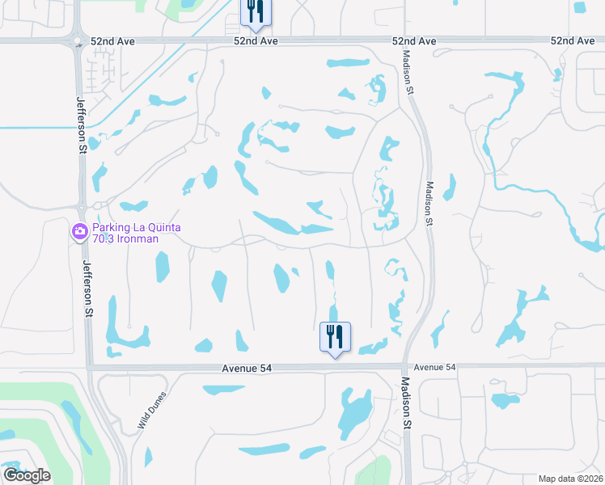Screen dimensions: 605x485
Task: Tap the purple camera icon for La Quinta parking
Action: tap(79, 232)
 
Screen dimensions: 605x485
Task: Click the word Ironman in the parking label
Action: tap(137, 238)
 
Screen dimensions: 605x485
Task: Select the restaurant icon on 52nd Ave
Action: tap(256, 12)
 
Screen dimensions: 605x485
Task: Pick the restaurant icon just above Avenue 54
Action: tap(335, 336)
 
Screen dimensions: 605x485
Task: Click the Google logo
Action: tap(27, 475)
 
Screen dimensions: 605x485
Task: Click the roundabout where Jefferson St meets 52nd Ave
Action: tap(78, 41)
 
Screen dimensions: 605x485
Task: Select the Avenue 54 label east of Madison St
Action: tap(435, 367)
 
